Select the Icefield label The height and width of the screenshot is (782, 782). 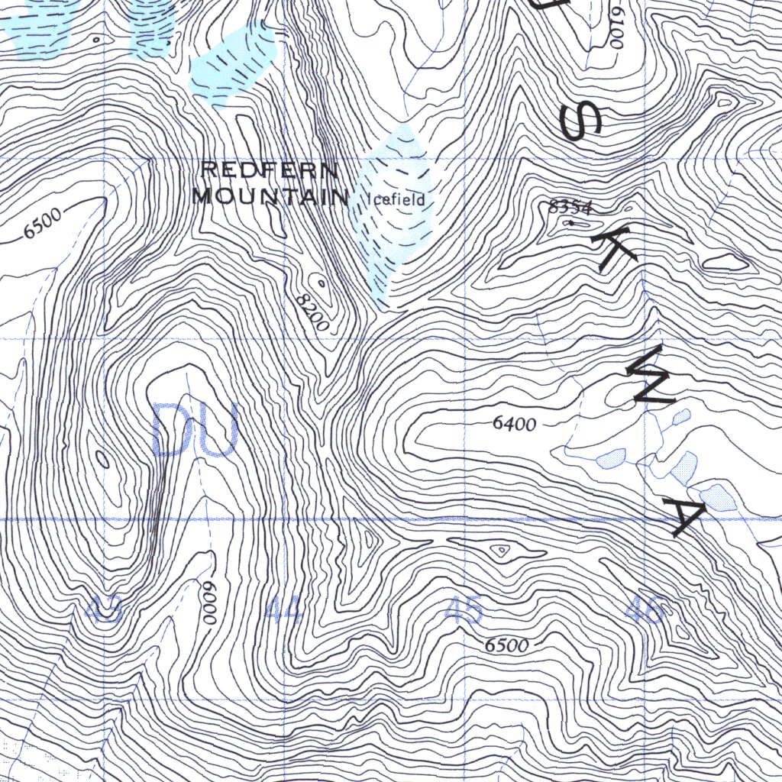[x=396, y=201]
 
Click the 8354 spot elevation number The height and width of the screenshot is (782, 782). [x=571, y=206]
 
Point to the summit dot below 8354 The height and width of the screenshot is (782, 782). [x=570, y=222]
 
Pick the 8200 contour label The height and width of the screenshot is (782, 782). [x=313, y=313]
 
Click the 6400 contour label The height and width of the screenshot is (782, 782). [x=514, y=423]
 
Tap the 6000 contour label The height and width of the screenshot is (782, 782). [x=207, y=603]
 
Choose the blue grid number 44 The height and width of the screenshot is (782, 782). [x=284, y=611]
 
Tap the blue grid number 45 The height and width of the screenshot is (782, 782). [x=464, y=610]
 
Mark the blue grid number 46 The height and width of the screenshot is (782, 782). [x=645, y=610]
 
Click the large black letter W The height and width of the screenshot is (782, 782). [x=650, y=375]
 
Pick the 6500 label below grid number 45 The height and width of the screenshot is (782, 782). [x=506, y=645]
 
